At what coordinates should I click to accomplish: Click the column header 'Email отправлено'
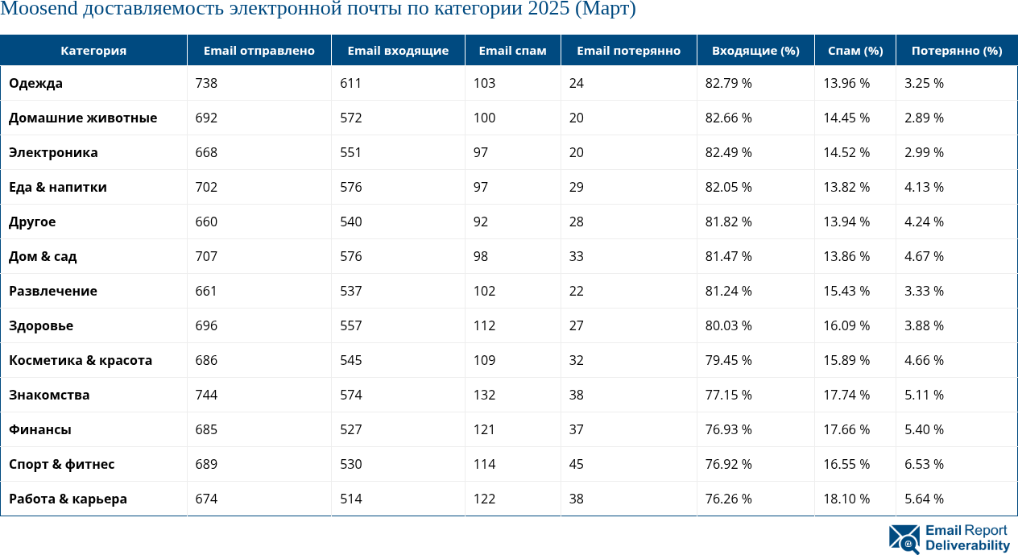pos(259,51)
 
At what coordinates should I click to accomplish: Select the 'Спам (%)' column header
pos(855,51)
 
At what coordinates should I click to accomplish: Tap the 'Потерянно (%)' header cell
pos(957,51)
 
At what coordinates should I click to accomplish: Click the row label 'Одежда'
pos(35,83)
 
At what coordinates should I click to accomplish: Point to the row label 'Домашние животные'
pos(83,118)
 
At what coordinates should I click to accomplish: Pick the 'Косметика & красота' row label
pos(81,360)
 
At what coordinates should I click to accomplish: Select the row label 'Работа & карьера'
pos(68,499)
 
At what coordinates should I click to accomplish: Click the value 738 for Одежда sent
pos(206,83)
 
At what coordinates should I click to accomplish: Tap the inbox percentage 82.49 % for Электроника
pos(728,152)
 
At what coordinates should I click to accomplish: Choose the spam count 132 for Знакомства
pos(484,395)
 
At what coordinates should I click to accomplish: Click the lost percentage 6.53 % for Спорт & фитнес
pos(924,464)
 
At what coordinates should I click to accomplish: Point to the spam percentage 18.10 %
pos(846,499)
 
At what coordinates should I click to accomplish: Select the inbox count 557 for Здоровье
pos(350,325)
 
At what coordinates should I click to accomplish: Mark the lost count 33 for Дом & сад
pos(576,256)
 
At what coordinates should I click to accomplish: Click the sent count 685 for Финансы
pos(206,429)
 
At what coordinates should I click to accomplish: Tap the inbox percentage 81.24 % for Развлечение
pos(728,291)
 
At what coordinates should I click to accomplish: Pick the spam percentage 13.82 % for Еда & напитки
pos(846,187)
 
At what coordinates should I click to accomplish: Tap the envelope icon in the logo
pos(904,539)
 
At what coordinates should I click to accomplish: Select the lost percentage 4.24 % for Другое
pos(924,222)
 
